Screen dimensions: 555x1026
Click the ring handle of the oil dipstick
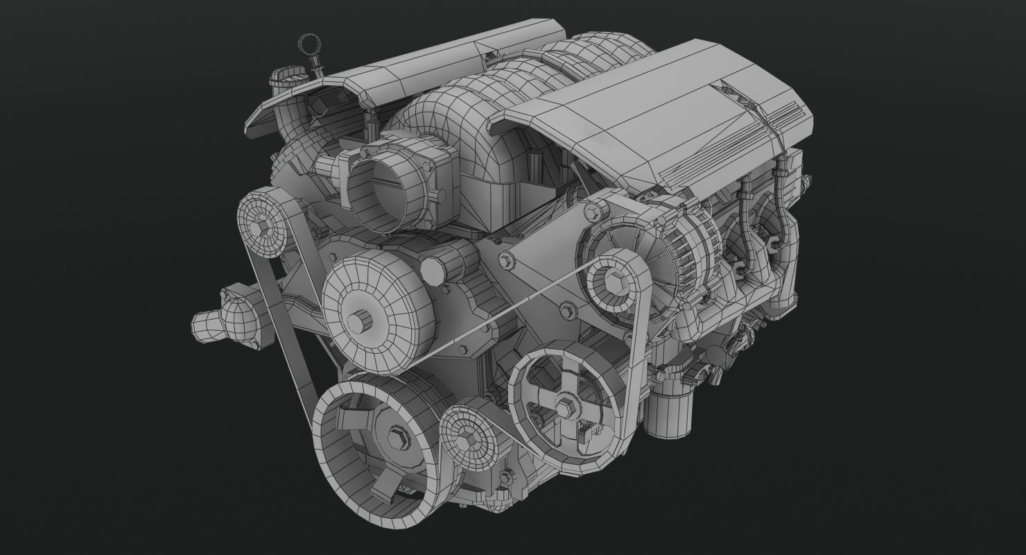307,46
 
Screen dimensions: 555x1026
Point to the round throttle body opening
381,188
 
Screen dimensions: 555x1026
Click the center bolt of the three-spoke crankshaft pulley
397,439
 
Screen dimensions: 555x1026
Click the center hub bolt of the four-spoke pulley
564,404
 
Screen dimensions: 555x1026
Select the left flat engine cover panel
388,76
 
